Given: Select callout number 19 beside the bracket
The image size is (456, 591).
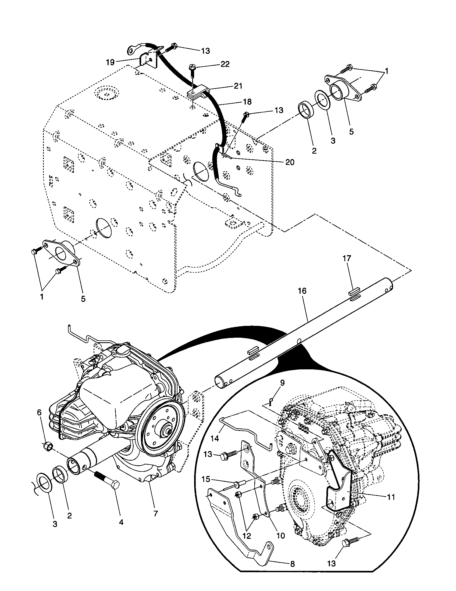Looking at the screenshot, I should coord(110,62).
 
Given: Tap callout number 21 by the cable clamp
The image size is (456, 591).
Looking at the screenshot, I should coord(238,86).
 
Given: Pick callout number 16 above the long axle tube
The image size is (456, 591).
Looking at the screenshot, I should coord(302,291).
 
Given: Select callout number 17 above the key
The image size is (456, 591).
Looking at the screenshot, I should coord(347,258).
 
